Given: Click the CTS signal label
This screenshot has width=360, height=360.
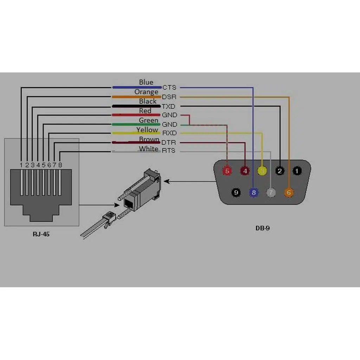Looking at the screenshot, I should pyautogui.click(x=169, y=87).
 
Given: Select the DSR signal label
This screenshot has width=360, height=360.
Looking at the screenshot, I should pyautogui.click(x=169, y=97).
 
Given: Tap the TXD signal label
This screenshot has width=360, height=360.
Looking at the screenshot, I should pyautogui.click(x=168, y=106).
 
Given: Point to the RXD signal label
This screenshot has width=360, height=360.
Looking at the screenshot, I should pyautogui.click(x=169, y=133).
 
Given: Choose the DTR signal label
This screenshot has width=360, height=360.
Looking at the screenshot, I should pyautogui.click(x=168, y=143).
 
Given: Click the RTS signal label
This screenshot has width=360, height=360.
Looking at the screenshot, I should pyautogui.click(x=168, y=151).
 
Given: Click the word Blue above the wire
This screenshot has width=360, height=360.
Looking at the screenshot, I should pyautogui.click(x=146, y=82).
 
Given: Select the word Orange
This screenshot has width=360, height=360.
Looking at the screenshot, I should pyautogui.click(x=146, y=92).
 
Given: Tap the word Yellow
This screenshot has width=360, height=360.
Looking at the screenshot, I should pyautogui.click(x=147, y=130).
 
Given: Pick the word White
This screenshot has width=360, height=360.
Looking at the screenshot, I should pyautogui.click(x=148, y=149).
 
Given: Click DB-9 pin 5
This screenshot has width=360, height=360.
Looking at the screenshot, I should pyautogui.click(x=227, y=171).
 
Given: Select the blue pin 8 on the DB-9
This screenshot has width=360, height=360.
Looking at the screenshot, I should pyautogui.click(x=254, y=192).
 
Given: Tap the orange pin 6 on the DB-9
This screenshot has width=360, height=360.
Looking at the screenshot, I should pyautogui.click(x=289, y=192).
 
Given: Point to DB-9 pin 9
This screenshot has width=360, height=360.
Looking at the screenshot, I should pyautogui.click(x=236, y=192).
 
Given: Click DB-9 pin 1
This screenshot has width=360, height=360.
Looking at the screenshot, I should pyautogui.click(x=297, y=171).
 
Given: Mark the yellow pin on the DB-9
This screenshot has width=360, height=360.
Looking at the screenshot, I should pyautogui.click(x=262, y=171).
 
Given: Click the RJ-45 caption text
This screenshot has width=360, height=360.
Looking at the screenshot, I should pyautogui.click(x=41, y=234).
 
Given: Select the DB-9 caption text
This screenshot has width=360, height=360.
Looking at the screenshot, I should pyautogui.click(x=263, y=228).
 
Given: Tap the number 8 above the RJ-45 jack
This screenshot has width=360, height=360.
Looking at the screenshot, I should pyautogui.click(x=60, y=165).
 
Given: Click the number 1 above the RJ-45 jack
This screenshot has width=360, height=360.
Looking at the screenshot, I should pyautogui.click(x=21, y=165).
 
